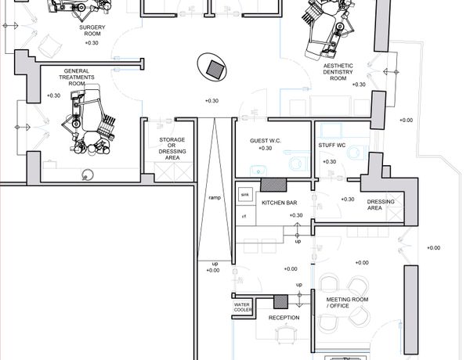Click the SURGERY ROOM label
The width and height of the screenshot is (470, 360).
click(x=92, y=31)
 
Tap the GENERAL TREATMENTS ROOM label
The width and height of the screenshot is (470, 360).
click(x=77, y=77)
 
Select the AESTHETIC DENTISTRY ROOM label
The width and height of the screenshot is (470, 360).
click(x=338, y=72)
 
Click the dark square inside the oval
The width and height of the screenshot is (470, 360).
click(x=215, y=69)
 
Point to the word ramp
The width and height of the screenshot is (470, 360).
click(x=215, y=198)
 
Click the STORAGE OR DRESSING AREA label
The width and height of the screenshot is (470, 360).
click(x=172, y=149)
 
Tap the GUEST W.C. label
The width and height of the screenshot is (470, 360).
click(x=266, y=140)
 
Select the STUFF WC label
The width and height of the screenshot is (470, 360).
click(x=332, y=146)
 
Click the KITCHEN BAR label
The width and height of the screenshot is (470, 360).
click(x=280, y=203)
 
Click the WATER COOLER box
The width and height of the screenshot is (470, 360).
click(x=242, y=307)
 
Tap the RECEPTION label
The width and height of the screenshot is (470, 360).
click(x=284, y=318)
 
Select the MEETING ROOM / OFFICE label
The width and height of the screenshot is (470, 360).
click(x=347, y=303)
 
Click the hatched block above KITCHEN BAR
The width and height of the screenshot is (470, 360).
click(x=273, y=185)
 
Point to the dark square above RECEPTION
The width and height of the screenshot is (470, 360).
click(x=280, y=302)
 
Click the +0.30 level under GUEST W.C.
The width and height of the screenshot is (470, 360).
click(x=266, y=148)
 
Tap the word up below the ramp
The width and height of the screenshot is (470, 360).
click(x=215, y=264)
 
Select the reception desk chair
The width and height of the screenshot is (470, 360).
click(x=286, y=334)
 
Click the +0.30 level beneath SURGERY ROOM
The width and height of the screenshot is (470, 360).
click(x=92, y=43)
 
